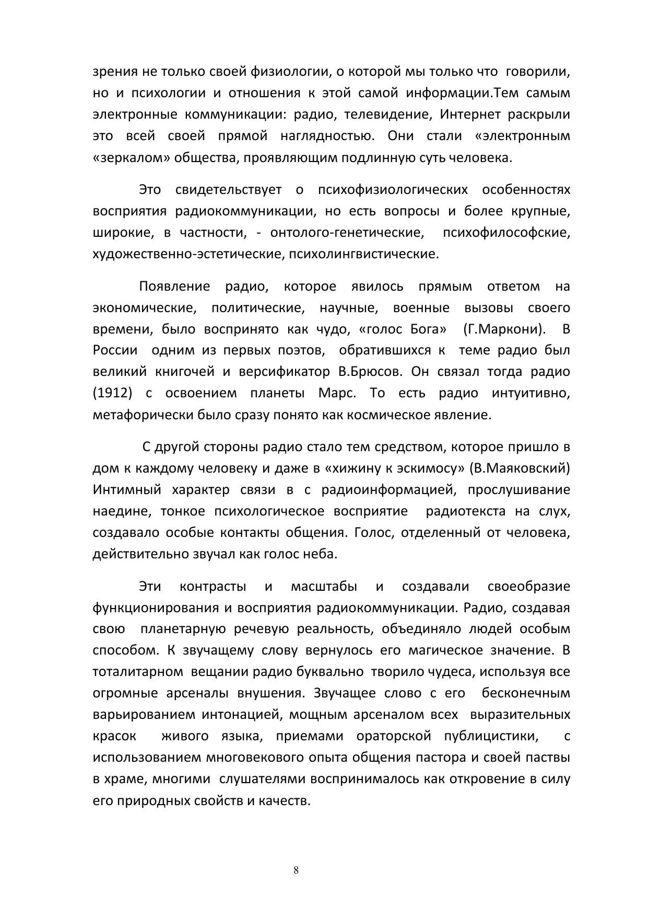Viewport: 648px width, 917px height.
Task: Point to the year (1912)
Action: (x=112, y=393)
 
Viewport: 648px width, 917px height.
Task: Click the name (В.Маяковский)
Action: (x=520, y=468)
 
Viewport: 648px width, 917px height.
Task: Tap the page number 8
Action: (x=296, y=870)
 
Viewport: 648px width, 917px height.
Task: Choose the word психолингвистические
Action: (x=363, y=255)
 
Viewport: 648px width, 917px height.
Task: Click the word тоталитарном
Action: (x=137, y=672)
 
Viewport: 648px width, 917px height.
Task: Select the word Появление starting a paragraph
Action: (x=174, y=286)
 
